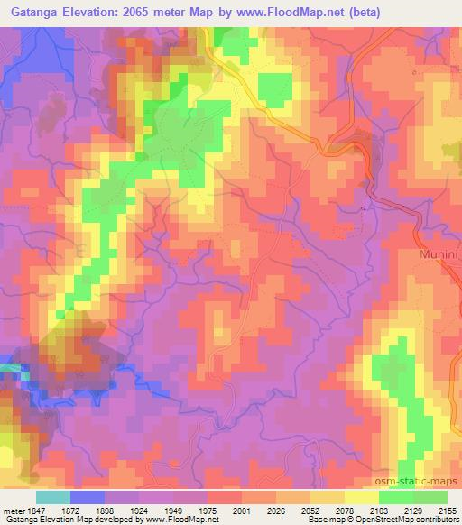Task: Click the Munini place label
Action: coord(439,255)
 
